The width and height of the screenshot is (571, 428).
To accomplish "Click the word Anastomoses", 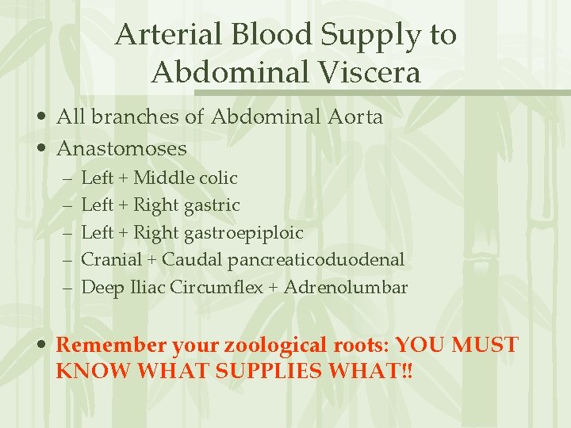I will pos(122,148).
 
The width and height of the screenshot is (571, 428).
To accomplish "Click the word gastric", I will pos(212,205).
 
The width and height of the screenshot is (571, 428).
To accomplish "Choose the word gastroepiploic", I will pos(243,233).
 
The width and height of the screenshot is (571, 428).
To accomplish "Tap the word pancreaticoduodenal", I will pos(316,259).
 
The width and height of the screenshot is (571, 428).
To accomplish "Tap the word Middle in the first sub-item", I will pos(161,178).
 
